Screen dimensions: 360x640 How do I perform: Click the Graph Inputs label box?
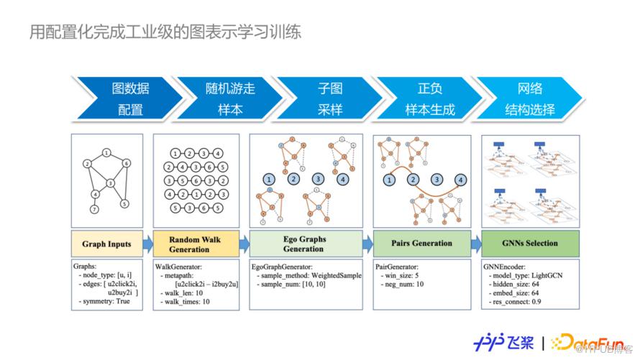[107, 244]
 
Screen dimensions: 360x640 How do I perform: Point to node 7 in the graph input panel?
[93, 209]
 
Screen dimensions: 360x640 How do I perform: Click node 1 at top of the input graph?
[106, 152]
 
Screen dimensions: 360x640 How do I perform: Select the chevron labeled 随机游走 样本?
[229, 99]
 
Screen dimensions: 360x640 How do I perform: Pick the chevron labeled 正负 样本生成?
[429, 99]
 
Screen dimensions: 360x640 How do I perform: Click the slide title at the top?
[165, 32]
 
